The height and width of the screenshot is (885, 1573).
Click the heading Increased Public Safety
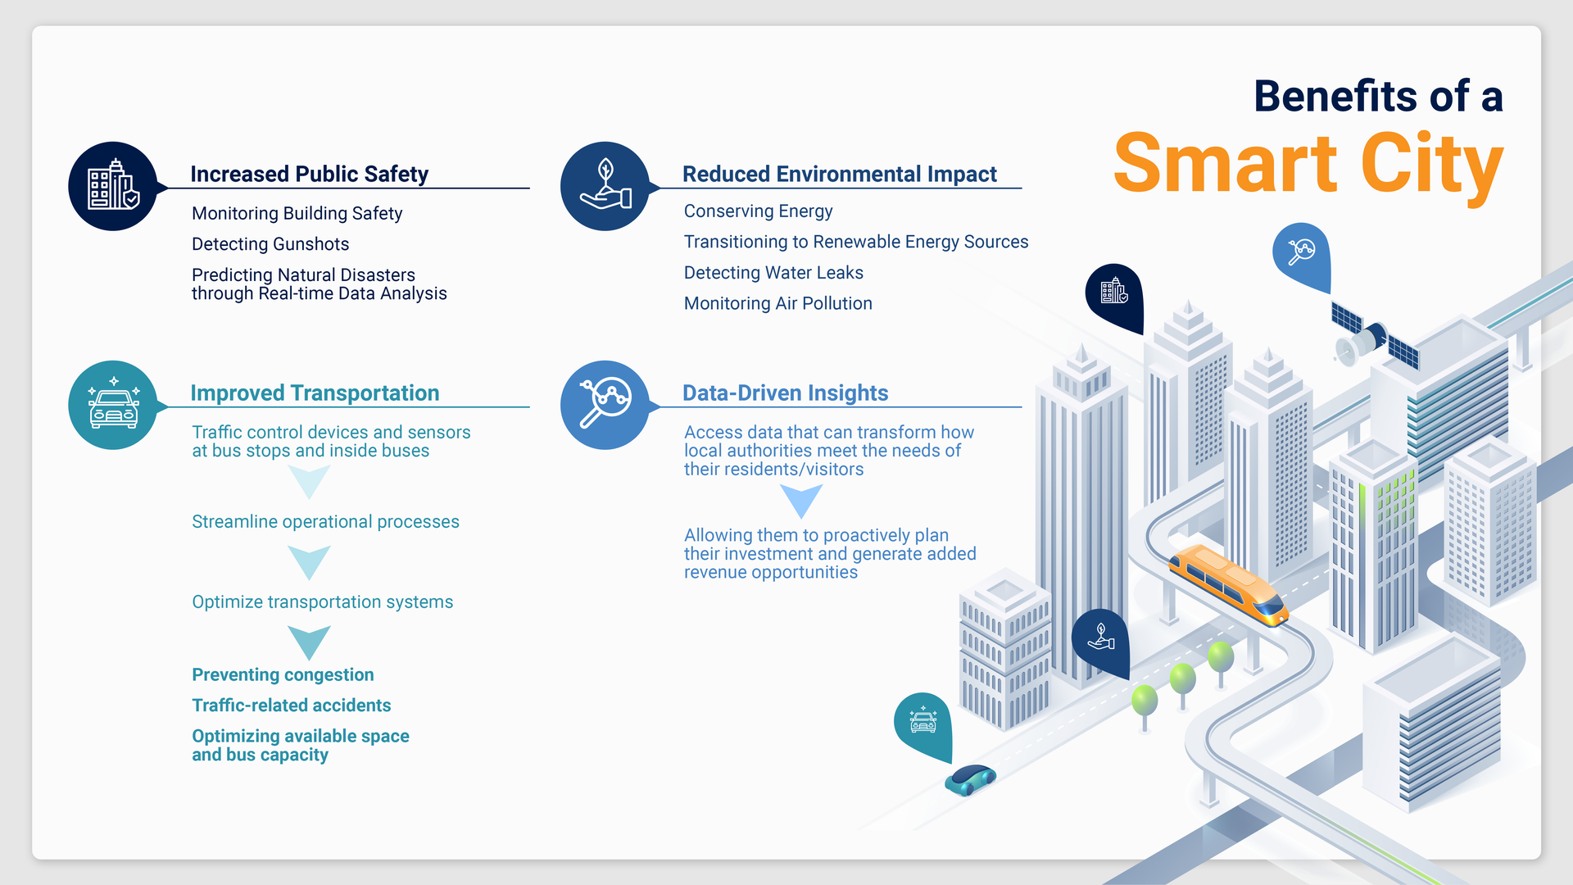(309, 174)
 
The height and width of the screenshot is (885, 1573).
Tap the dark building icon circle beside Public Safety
(113, 186)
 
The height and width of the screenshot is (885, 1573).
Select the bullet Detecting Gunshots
(270, 244)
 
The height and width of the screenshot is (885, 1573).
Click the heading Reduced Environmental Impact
(839, 174)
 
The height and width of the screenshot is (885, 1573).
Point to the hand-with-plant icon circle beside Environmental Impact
(605, 186)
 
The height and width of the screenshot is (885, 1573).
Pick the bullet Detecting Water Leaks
(773, 273)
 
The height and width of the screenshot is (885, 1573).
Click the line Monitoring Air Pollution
(777, 303)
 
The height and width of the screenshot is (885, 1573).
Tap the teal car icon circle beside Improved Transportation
(113, 405)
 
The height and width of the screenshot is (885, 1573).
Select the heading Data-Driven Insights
(785, 393)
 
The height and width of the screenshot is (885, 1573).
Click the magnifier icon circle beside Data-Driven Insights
(605, 405)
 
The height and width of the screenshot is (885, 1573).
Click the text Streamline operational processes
(325, 522)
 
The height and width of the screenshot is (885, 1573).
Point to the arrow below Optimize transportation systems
(309, 642)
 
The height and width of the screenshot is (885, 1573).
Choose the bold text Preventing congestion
(283, 674)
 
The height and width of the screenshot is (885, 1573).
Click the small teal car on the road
(970, 779)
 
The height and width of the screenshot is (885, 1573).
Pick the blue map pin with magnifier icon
(1301, 252)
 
